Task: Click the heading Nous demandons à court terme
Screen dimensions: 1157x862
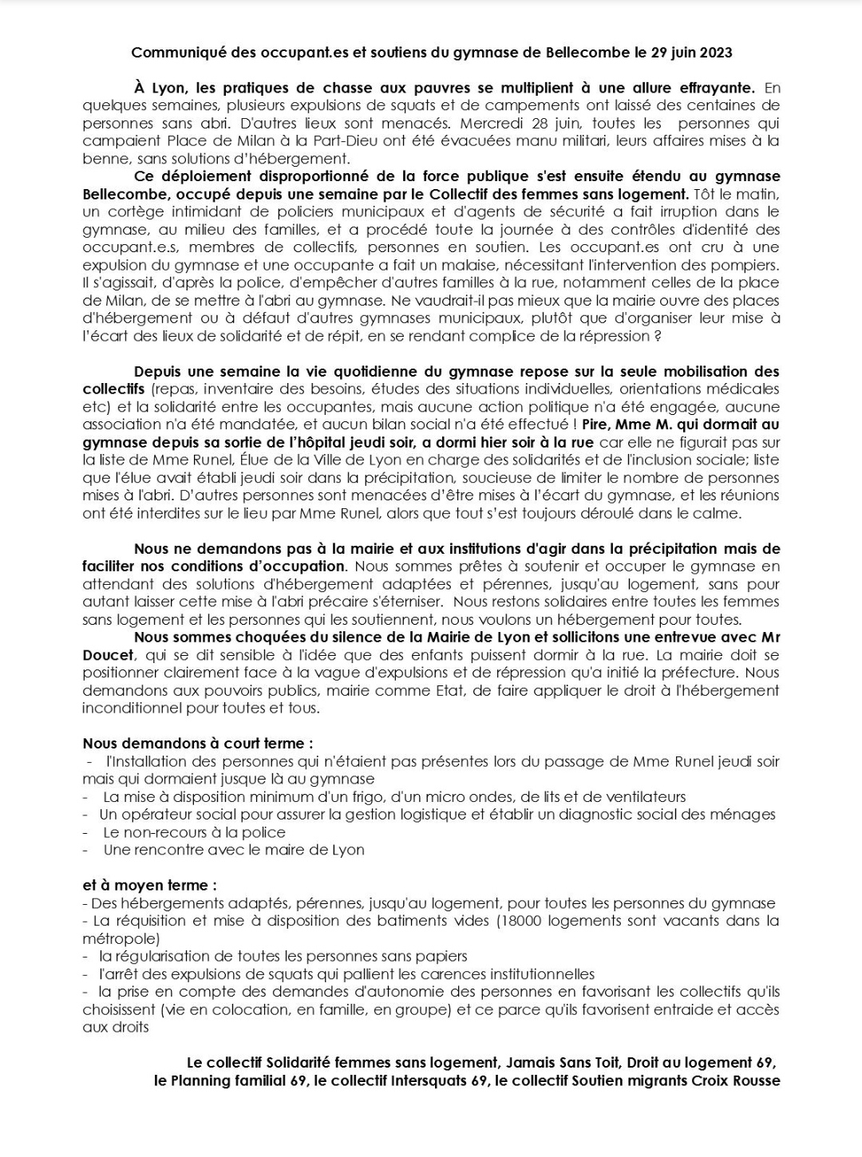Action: point(197,743)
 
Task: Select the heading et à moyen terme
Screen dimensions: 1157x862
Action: point(149,885)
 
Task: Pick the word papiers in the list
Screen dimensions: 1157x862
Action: point(440,956)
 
